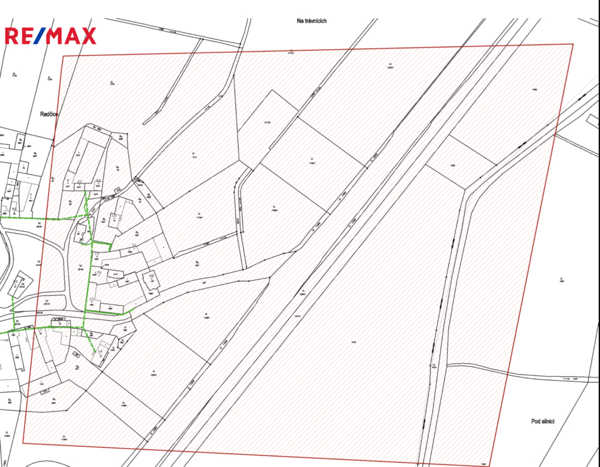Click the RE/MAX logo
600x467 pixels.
click(x=51, y=36)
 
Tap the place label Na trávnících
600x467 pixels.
click(x=312, y=21)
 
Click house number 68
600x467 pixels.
click(x=152, y=276)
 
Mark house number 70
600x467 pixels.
click(x=98, y=273)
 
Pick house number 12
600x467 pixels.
click(x=92, y=299)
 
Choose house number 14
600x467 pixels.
click(x=100, y=351)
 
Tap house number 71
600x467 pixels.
click(x=134, y=245)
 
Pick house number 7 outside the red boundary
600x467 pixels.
click(x=30, y=195)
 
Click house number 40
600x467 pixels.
click(x=13, y=209)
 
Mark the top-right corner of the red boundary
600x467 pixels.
click(x=573, y=44)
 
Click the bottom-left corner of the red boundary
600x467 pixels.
click(x=23, y=443)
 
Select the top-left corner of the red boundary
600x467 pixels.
click(x=63, y=57)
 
